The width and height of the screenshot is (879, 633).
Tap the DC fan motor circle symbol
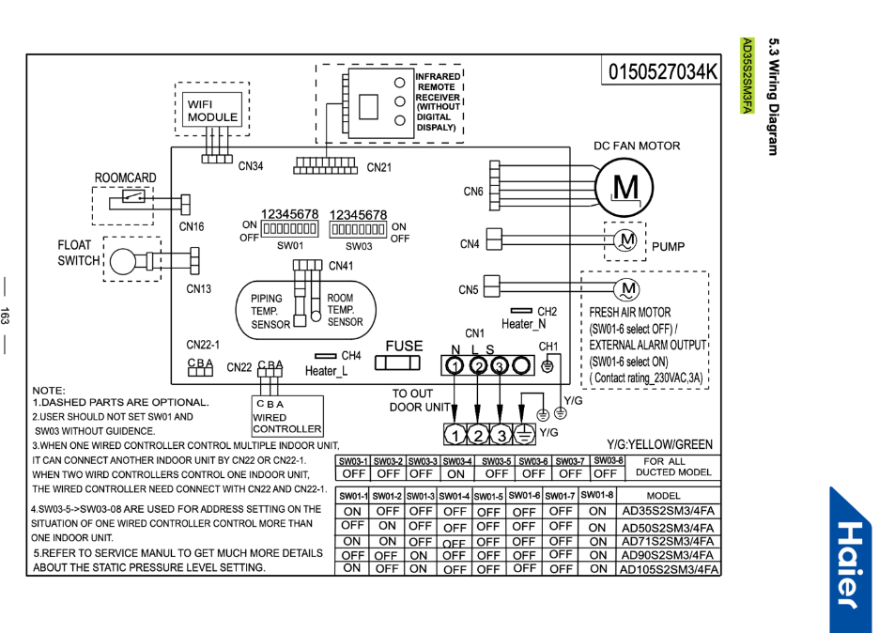[x=624, y=187]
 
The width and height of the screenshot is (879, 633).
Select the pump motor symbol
[x=625, y=240]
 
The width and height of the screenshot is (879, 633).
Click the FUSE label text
[x=404, y=346]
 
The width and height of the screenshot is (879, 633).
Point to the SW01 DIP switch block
[x=290, y=229]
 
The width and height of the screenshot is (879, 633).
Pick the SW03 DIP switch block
[x=358, y=229]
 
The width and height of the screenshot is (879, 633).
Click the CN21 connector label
[x=379, y=167]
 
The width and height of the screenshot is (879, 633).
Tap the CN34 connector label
[x=251, y=166]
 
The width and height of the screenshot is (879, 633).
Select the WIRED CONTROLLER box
[x=287, y=415]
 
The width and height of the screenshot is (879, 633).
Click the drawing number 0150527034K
[x=661, y=71]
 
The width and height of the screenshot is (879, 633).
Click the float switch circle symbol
[x=123, y=261]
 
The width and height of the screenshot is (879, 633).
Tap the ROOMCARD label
[x=125, y=178]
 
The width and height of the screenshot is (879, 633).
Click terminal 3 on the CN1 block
[x=500, y=366]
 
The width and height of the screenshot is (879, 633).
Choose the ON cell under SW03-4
[x=455, y=474]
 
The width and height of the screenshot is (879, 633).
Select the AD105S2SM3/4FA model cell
[x=669, y=570]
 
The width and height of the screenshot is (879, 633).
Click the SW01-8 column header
[x=597, y=495]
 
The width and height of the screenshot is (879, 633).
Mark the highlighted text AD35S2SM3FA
[x=747, y=76]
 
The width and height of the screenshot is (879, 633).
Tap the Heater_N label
[x=524, y=324]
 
